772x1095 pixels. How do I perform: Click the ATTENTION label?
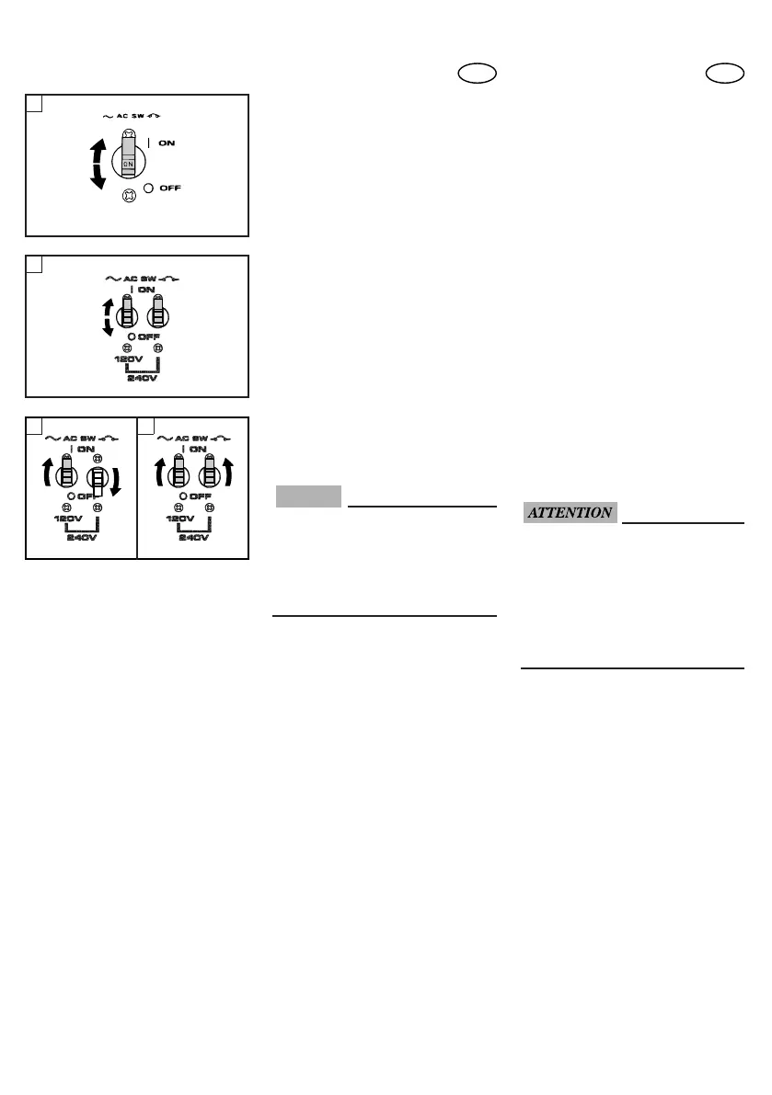pyautogui.click(x=570, y=513)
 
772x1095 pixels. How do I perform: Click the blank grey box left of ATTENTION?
pyautogui.click(x=307, y=496)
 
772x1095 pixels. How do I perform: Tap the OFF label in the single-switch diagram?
pyautogui.click(x=168, y=188)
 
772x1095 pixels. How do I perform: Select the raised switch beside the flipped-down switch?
pyautogui.click(x=66, y=473)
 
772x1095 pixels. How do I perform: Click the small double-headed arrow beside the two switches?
pyautogui.click(x=108, y=315)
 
